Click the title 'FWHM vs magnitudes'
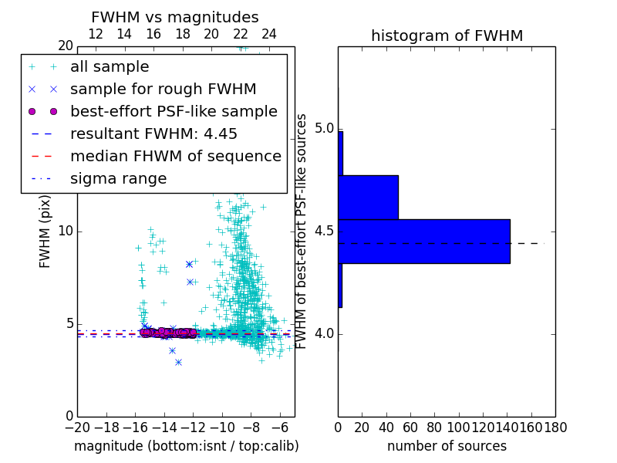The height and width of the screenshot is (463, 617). tap(174, 17)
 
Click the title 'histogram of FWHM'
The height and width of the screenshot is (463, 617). tap(447, 35)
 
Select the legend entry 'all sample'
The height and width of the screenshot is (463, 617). tap(110, 66)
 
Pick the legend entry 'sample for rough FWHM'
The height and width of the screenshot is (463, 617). tap(163, 89)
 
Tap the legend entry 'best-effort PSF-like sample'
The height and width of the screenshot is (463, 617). tap(174, 111)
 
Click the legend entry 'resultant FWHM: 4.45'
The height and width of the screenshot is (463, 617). tap(153, 133)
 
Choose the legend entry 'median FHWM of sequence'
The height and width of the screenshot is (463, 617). tap(175, 156)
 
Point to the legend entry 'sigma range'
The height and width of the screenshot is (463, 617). tap(118, 178)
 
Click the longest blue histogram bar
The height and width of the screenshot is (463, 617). tap(424, 241)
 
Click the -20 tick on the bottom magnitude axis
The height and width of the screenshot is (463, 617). tap(77, 427)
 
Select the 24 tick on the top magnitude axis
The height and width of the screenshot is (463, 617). tap(269, 34)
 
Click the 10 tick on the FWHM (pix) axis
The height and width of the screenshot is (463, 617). tap(65, 231)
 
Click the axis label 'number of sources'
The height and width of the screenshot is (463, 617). tap(447, 446)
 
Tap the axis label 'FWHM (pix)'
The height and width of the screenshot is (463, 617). tap(46, 231)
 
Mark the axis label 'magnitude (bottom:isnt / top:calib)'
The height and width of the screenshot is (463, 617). tap(186, 446)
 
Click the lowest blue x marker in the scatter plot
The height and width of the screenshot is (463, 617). tap(178, 362)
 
